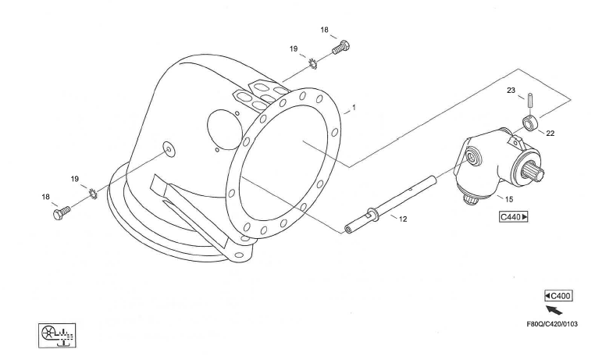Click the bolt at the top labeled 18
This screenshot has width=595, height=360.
click(341, 48)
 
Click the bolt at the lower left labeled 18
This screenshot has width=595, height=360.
click(62, 212)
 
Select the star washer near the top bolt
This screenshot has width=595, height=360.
click(313, 64)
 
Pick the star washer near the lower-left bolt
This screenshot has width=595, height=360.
click(94, 194)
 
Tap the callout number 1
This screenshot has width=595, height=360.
click(354, 108)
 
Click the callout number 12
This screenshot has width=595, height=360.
click(403, 219)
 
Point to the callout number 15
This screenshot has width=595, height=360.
click(509, 199)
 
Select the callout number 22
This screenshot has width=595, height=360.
click(550, 134)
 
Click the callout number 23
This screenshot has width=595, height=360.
click(511, 91)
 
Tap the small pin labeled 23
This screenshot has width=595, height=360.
click(529, 100)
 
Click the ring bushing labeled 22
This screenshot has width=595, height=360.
click(529, 124)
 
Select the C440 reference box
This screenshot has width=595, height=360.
click(514, 217)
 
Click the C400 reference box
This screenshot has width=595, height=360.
click(558, 296)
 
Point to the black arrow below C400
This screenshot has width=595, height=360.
click(554, 309)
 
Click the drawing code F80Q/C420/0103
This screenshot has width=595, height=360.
click(552, 324)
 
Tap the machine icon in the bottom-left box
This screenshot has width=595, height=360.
click(57, 335)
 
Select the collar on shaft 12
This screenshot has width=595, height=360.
click(372, 213)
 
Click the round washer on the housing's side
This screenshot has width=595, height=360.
click(169, 149)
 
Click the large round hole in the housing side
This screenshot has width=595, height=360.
click(225, 130)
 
